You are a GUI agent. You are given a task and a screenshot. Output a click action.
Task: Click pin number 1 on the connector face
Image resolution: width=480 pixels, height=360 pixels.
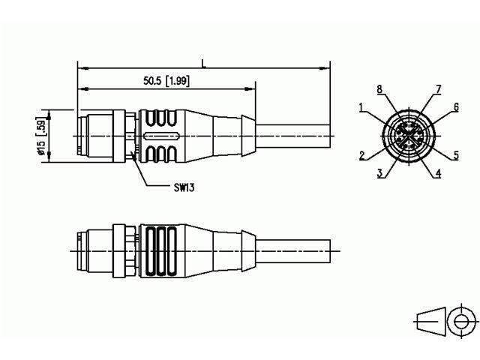click(x=361, y=108)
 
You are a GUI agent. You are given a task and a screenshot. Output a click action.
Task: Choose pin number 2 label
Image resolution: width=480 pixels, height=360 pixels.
click(x=361, y=156)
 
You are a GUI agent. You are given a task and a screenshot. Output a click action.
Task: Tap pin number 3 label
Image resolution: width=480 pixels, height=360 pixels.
click(x=380, y=173)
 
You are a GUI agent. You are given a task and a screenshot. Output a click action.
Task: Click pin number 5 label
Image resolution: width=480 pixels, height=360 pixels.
click(x=456, y=156)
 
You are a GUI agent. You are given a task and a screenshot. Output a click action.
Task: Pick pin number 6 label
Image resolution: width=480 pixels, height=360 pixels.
click(x=455, y=108)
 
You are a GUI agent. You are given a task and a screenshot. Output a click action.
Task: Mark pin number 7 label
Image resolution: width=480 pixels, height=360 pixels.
click(x=438, y=89)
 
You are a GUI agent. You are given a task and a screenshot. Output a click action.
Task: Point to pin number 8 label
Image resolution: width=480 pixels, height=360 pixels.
click(x=379, y=89)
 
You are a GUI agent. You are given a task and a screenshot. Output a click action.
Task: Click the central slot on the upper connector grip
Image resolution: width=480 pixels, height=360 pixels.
click(x=158, y=136)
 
